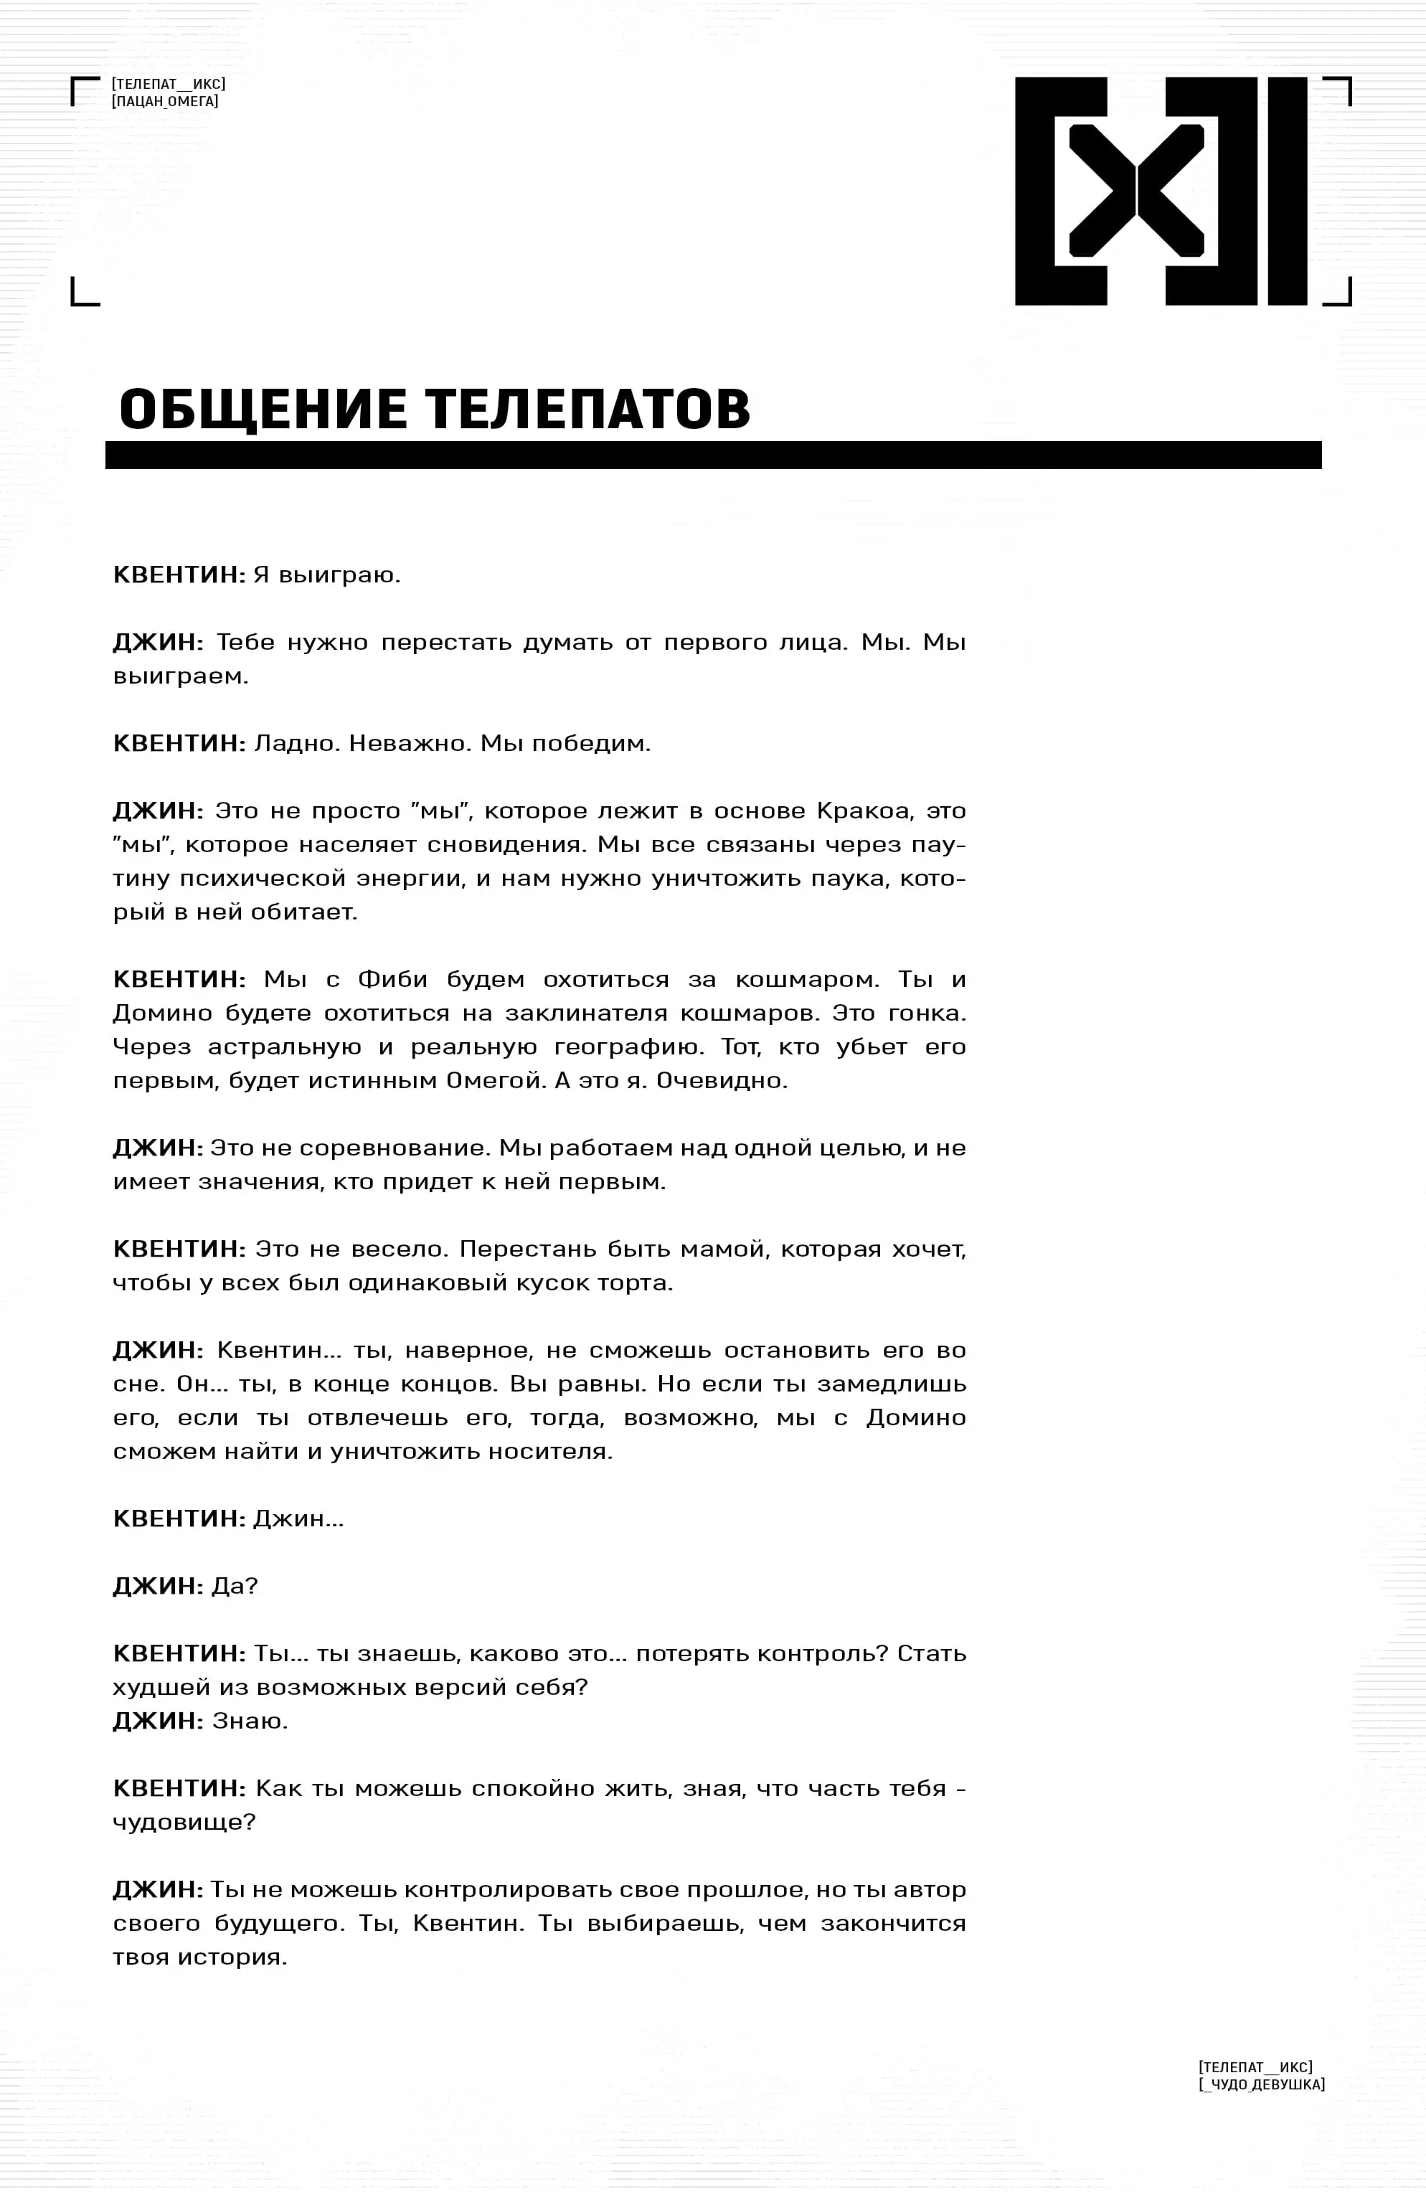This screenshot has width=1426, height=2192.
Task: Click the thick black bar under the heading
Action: [x=712, y=455]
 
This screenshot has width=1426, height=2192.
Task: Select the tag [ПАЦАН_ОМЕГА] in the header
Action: [x=165, y=101]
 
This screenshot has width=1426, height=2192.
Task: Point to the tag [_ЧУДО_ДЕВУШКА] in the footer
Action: [x=1261, y=2084]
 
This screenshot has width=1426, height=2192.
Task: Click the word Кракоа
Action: [x=864, y=811]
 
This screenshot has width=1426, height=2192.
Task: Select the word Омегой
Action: [x=495, y=1080]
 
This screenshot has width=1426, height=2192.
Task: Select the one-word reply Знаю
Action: [x=250, y=1721]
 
